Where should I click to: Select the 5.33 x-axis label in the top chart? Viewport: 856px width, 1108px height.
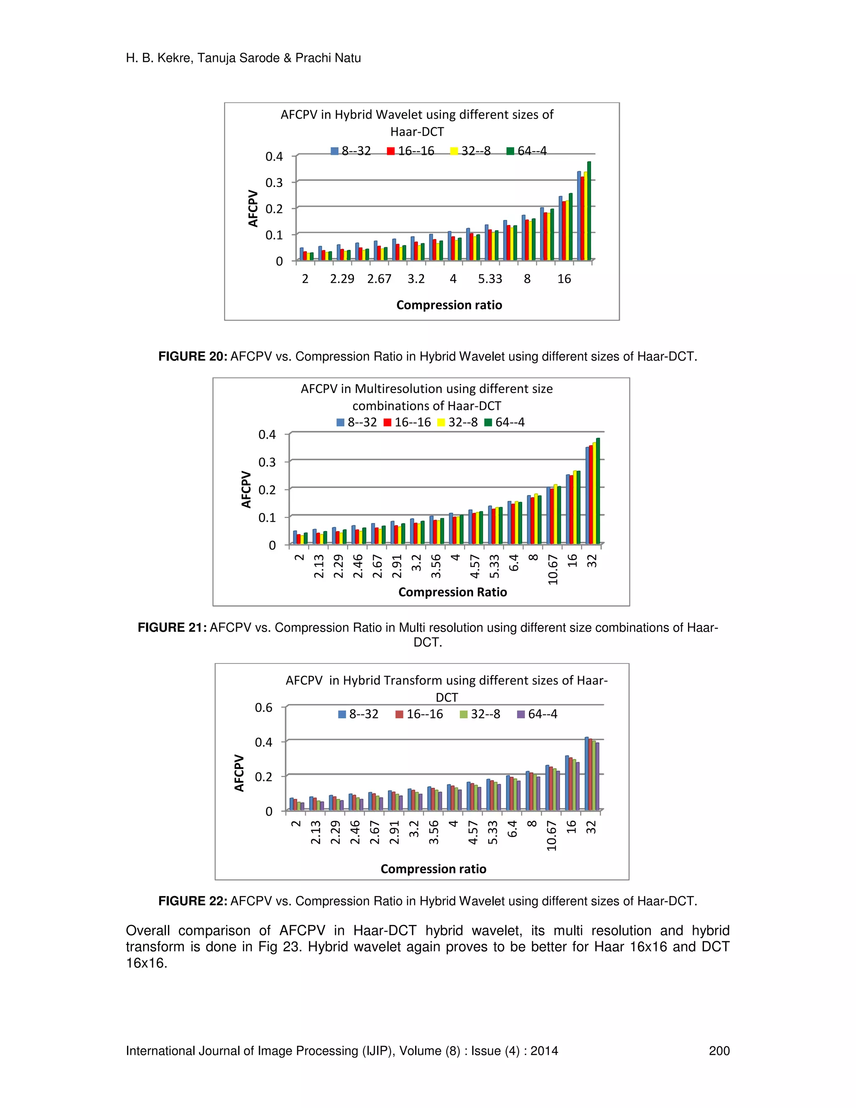490,279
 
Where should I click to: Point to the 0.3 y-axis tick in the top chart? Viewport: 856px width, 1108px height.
274,183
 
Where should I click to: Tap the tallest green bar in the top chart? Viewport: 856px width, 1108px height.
589,211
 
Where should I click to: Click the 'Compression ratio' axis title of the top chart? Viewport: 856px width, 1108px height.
449,305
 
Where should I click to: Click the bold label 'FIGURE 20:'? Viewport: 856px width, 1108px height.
193,357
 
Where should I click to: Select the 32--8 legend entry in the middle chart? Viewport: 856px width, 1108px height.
457,423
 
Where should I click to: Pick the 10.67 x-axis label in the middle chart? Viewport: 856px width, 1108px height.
553,569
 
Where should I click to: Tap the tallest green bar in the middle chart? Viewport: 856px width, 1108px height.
598,490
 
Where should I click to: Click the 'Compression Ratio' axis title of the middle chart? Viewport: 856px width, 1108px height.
452,592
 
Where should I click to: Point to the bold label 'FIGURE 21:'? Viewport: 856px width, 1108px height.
172,628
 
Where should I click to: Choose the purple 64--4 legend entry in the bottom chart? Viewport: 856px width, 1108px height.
537,714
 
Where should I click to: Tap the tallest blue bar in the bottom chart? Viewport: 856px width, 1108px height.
587,774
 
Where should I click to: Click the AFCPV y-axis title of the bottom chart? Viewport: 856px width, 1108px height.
239,773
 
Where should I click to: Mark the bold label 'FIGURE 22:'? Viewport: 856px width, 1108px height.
193,901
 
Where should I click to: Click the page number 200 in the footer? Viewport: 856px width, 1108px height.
719,1051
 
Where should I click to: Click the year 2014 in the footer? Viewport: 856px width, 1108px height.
544,1051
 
